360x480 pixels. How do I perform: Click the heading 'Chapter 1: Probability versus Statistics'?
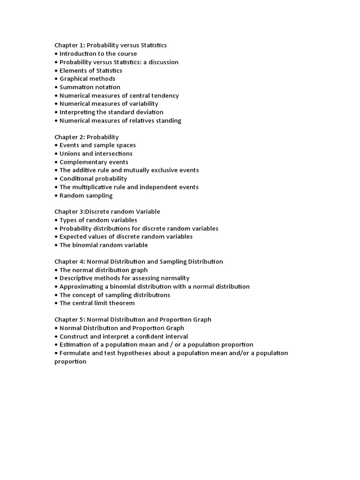click(x=111, y=45)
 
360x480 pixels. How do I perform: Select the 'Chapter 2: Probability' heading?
click(x=87, y=137)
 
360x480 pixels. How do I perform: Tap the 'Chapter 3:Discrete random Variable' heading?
click(x=107, y=212)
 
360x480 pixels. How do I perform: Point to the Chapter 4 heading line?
click(x=139, y=262)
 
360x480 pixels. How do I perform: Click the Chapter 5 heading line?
click(x=133, y=320)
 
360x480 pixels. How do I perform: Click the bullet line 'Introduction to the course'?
click(x=98, y=54)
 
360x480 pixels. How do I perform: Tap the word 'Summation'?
click(x=75, y=87)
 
